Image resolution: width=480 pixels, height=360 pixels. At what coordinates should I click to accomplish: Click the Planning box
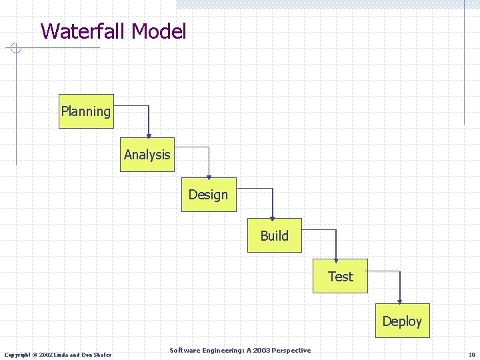tap(86, 111)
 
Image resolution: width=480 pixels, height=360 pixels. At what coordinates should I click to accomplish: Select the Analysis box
tap(147, 155)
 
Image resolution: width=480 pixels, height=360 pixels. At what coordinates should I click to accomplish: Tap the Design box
tap(209, 195)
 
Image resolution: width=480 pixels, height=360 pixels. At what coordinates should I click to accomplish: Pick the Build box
tap(274, 235)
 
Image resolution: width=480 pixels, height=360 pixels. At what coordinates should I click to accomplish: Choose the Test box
tap(340, 276)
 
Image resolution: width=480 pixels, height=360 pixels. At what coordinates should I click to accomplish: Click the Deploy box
tap(402, 321)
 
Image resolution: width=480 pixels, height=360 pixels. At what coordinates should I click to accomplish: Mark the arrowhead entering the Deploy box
tap(399, 299)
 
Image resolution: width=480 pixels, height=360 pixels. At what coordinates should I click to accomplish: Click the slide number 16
tap(471, 354)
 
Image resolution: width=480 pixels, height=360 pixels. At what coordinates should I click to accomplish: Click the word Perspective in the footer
tap(291, 351)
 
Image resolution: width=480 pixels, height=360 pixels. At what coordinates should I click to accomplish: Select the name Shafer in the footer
tap(102, 354)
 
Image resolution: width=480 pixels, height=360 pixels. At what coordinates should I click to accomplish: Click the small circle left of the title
tap(17, 48)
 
